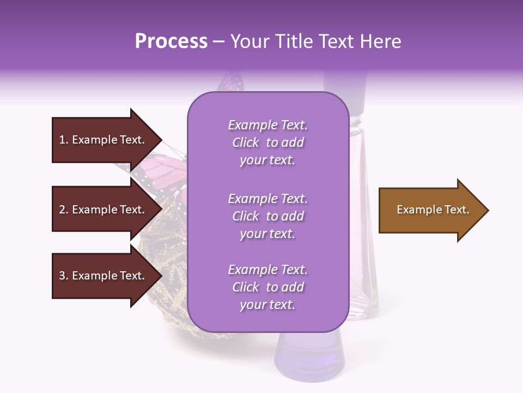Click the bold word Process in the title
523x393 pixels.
(171, 41)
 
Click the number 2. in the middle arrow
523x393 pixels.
(64, 210)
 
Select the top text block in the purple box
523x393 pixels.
(267, 142)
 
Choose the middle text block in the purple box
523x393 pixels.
(267, 216)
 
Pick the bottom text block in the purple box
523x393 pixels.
(267, 287)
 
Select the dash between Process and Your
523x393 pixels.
(219, 42)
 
